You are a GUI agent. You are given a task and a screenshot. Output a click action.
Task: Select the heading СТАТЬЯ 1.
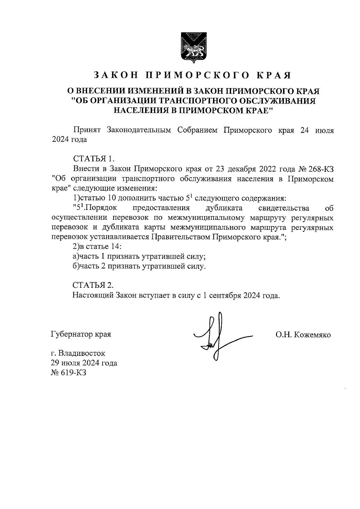coord(94,158)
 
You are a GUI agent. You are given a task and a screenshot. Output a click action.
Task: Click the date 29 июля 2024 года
coord(84,363)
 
